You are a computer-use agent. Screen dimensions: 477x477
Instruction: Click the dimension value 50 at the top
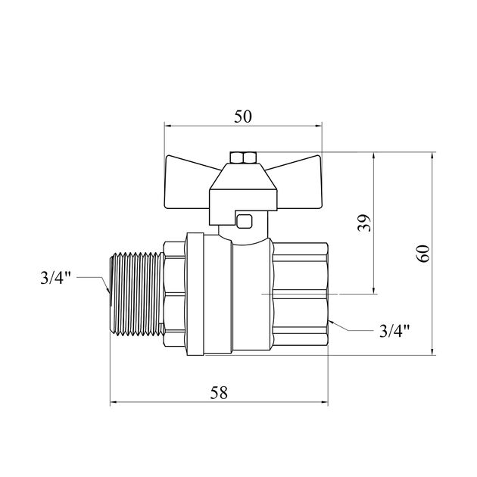point(242,117)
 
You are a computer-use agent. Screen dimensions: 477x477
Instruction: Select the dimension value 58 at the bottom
point(219,392)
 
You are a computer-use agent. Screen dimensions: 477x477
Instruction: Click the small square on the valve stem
point(244,221)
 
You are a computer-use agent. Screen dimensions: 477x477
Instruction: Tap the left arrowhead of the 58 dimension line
point(114,403)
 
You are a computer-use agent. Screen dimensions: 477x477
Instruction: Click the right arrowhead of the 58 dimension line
point(325,403)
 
